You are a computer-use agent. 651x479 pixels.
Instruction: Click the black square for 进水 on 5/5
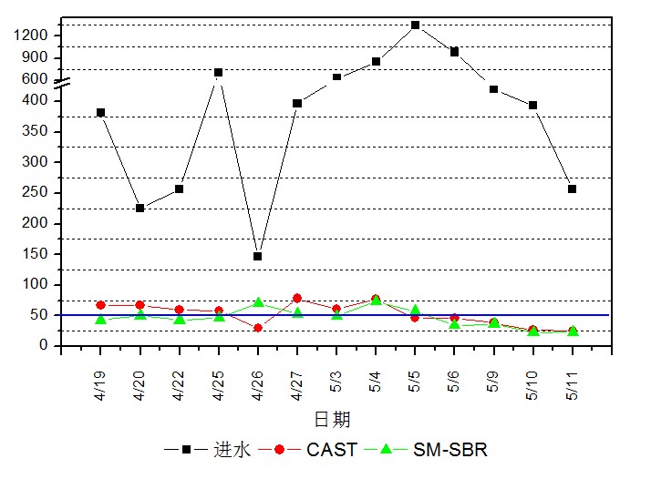(415, 25)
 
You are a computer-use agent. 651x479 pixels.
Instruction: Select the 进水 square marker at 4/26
(258, 256)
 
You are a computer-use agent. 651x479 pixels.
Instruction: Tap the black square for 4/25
(219, 72)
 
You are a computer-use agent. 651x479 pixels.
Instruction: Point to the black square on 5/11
(572, 189)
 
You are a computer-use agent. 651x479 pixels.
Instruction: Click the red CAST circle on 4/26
(258, 328)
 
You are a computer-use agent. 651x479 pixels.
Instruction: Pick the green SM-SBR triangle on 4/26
(258, 301)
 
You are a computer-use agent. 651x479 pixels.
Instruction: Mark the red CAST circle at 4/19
(100, 305)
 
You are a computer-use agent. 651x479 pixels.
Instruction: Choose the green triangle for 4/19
(100, 319)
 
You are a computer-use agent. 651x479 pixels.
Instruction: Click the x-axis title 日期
(331, 420)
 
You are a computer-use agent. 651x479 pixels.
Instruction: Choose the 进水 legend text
(232, 450)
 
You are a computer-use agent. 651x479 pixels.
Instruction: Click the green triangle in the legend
(386, 449)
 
